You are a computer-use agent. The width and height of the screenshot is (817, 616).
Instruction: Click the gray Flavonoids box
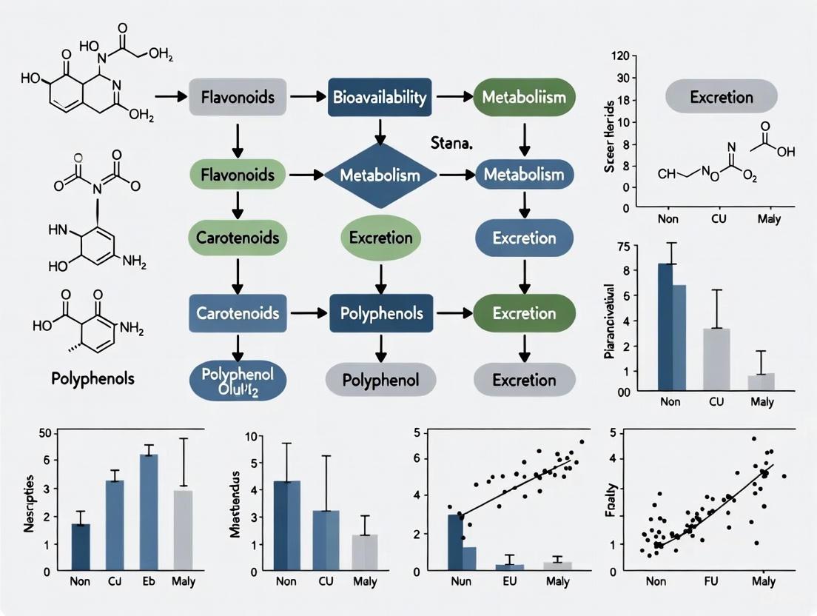(238, 97)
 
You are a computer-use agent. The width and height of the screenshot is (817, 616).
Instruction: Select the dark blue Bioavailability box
(380, 97)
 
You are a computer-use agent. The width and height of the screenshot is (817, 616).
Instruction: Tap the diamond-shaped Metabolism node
(380, 175)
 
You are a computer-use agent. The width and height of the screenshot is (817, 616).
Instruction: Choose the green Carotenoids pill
(238, 238)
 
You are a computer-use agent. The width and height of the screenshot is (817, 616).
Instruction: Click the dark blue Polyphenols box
(380, 313)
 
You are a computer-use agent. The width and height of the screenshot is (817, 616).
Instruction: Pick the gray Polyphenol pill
(380, 380)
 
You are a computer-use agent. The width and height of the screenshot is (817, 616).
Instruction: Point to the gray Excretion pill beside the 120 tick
(721, 97)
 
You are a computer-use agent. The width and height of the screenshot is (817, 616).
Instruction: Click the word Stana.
(451, 143)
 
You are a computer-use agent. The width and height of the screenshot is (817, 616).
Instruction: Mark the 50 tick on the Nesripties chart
(44, 433)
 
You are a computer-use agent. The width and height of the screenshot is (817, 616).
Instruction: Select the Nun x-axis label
(460, 581)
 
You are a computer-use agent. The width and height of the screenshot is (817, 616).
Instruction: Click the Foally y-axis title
(612, 503)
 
